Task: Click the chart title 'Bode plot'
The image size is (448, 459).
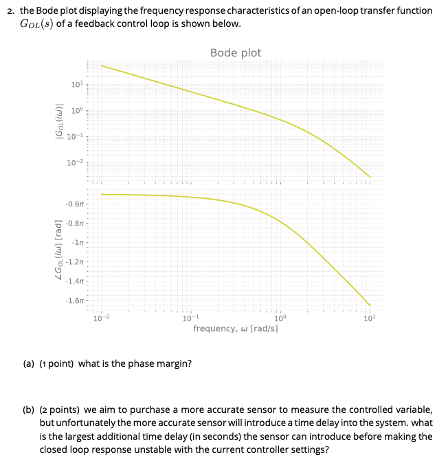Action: (x=236, y=53)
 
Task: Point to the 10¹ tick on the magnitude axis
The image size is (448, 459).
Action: (x=77, y=85)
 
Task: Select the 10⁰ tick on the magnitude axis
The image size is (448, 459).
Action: (x=77, y=110)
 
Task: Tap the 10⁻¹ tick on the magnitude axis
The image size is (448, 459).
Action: (x=76, y=136)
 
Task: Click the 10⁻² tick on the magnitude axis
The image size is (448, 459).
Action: (x=76, y=161)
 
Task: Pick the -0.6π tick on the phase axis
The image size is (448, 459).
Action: (x=75, y=204)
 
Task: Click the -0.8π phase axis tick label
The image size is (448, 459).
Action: (x=75, y=224)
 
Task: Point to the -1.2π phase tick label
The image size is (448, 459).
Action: (x=75, y=262)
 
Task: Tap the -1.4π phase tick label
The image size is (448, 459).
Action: (x=75, y=281)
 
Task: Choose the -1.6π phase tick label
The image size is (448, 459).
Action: (x=75, y=301)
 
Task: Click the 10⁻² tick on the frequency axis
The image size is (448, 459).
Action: (x=100, y=317)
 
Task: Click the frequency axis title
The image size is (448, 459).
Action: (x=236, y=329)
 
